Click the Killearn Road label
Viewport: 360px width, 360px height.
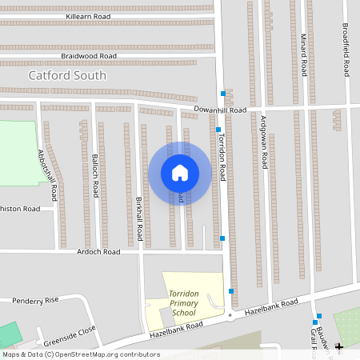(90, 15)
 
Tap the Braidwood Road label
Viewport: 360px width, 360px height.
(88, 56)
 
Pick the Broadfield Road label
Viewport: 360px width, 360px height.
(346, 50)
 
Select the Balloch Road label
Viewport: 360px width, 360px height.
(95, 177)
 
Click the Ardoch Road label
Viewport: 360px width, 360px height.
(99, 251)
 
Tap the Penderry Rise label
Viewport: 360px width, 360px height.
(36, 300)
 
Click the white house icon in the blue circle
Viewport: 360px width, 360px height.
(179, 172)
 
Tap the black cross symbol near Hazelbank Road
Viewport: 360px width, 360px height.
(339, 346)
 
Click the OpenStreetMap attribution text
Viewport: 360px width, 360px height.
(80, 354)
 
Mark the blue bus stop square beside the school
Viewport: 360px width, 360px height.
(231, 291)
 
